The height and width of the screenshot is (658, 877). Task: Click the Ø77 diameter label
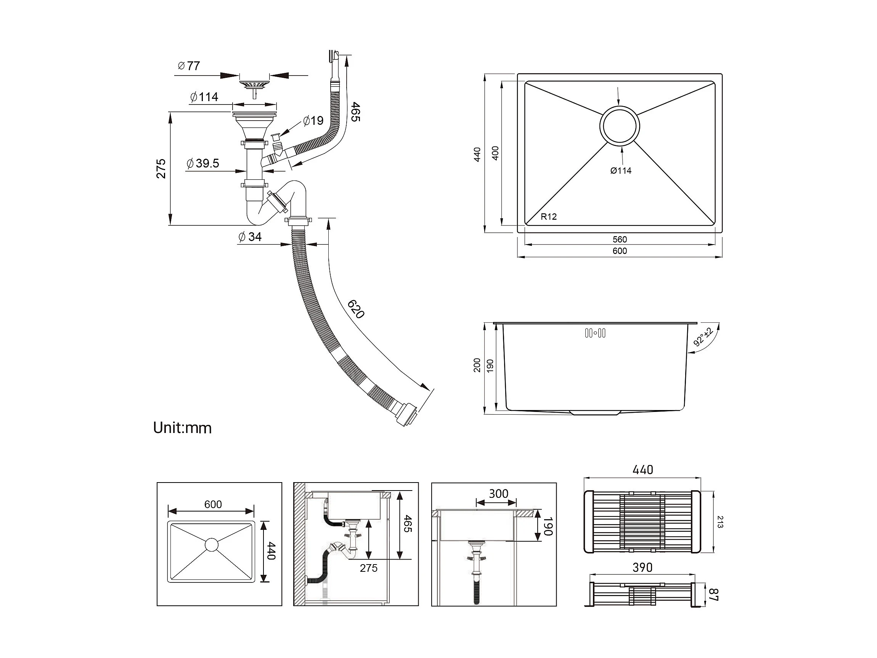click(189, 66)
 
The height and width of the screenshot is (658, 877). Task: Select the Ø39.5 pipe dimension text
click(202, 163)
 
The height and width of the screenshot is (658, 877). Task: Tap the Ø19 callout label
click(313, 120)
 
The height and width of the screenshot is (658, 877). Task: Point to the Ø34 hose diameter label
click(250, 237)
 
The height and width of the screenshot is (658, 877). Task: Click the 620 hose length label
click(356, 309)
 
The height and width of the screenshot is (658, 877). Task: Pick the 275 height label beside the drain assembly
click(161, 169)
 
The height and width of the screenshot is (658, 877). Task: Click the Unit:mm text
click(182, 428)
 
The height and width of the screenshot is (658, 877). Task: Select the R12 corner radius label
click(549, 217)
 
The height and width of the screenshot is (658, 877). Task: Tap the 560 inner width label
click(620, 239)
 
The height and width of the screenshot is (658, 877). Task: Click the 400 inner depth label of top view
click(495, 153)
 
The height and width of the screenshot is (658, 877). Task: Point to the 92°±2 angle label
click(704, 337)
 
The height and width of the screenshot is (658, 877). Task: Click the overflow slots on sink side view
click(595, 333)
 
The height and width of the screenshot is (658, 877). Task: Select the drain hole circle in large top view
click(620, 126)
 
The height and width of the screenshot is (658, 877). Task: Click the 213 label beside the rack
click(720, 522)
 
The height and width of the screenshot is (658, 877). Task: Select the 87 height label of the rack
click(713, 595)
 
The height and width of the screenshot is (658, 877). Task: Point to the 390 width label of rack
click(642, 568)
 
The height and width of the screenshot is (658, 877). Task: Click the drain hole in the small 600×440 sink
click(212, 545)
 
